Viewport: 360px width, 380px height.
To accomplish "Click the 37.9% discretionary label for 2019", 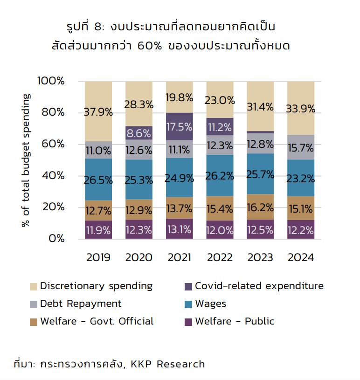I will click(x=98, y=112).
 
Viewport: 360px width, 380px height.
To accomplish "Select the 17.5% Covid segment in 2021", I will click(x=180, y=127).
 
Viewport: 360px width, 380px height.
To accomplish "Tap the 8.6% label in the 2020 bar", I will click(x=139, y=133).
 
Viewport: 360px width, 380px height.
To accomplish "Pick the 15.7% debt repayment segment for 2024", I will click(x=301, y=148).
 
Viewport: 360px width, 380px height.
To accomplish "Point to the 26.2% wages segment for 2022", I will click(x=220, y=175).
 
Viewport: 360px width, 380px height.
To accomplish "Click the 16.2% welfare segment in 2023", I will click(x=260, y=207).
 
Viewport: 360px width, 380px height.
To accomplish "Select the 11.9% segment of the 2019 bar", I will click(x=98, y=229).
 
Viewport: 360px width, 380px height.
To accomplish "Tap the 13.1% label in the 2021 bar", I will click(x=180, y=229).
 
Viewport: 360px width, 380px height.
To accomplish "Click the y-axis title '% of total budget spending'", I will click(x=26, y=160).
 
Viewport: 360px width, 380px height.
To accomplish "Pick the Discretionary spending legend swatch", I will click(x=34, y=286).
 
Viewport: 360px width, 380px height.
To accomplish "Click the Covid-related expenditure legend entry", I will click(x=259, y=286).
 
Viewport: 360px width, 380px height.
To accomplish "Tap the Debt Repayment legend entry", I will click(x=81, y=304).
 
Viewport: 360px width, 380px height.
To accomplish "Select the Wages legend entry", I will click(x=210, y=304).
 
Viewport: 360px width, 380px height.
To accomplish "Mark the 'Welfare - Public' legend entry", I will click(x=235, y=321).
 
